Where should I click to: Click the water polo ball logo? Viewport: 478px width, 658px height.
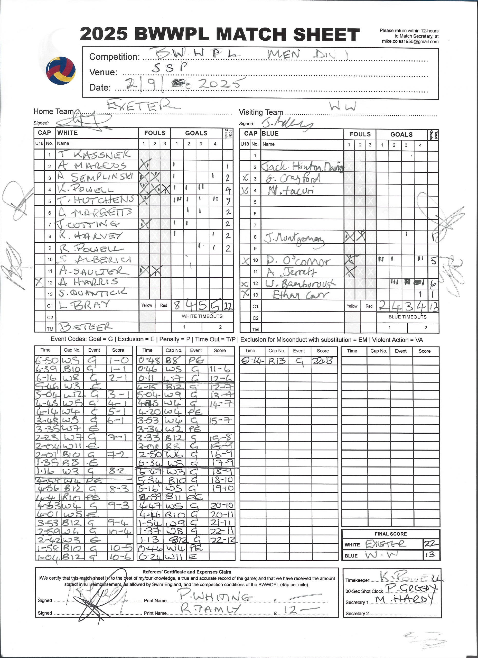point(61,70)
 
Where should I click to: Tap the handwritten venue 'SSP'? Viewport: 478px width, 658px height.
point(170,67)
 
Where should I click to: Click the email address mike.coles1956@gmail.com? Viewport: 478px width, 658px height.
point(410,41)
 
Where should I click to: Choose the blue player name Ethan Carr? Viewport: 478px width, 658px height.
point(301,295)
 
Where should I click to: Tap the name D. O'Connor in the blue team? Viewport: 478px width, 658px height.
point(298,261)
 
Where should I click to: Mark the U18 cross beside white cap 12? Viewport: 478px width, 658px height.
point(39,282)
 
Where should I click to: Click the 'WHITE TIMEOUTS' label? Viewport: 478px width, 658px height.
point(202,316)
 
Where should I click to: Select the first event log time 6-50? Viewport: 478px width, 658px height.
point(47,360)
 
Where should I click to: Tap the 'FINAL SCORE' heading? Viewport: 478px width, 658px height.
point(390,534)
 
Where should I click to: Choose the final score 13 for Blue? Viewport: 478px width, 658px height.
point(430,554)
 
